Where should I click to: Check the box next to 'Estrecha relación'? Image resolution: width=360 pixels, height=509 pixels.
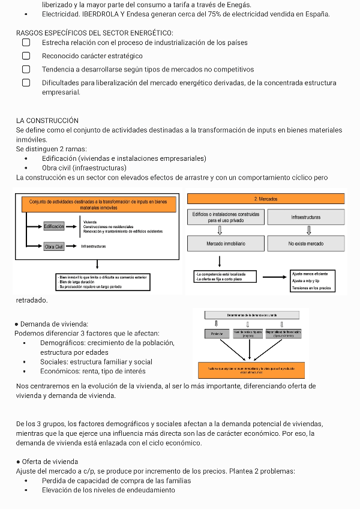pos(26,43)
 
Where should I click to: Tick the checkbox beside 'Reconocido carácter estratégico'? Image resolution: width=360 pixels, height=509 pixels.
pos(26,56)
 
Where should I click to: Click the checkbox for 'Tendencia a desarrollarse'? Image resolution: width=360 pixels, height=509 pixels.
pos(26,69)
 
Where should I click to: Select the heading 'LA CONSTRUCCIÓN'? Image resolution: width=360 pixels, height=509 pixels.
pos(47,121)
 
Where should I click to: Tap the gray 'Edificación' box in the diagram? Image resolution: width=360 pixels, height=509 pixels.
pos(53,226)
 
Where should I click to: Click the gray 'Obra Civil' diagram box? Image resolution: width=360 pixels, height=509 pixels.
pos(54,247)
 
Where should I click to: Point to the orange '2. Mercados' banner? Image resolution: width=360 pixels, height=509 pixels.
pos(266,199)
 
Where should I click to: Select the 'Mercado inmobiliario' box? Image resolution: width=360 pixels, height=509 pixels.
pos(226,244)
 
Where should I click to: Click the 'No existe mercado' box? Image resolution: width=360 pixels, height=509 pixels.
pos(305,244)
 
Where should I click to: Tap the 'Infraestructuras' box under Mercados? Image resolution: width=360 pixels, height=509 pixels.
pos(305,217)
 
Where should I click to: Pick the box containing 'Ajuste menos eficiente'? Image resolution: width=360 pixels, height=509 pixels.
pos(310,280)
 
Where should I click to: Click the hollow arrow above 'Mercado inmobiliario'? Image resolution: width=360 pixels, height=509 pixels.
pos(220,230)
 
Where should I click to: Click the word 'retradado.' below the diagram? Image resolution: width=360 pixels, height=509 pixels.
pos(32,300)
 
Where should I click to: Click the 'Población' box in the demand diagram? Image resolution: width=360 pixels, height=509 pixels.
pos(217,334)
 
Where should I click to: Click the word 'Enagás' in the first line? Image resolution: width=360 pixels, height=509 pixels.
pos(240,4)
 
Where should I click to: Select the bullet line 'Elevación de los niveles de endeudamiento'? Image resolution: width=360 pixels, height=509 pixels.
pos(109,490)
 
